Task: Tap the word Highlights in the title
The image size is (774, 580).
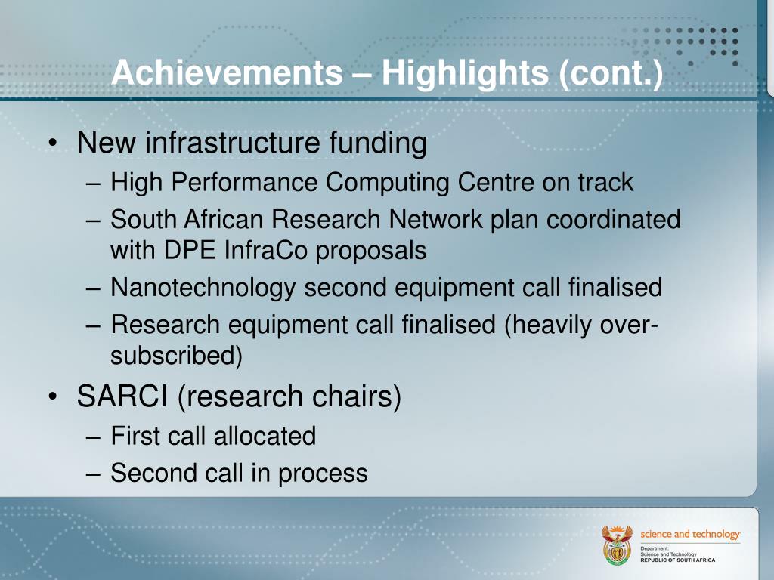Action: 466,73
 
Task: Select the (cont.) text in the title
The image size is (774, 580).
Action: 611,73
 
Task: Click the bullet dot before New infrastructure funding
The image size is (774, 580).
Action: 54,143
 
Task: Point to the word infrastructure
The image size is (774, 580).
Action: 233,142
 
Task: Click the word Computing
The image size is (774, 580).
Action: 387,183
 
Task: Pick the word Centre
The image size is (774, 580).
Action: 496,182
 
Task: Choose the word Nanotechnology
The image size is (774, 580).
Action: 203,288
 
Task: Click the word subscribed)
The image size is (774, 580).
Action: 176,356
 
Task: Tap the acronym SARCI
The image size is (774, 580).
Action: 122,396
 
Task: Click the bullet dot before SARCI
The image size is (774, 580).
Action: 54,397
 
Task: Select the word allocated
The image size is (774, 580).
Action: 265,436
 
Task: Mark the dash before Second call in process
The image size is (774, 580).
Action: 93,474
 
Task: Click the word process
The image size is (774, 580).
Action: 323,474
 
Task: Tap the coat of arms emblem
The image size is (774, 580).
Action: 617,545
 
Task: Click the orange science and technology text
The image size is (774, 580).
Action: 690,534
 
